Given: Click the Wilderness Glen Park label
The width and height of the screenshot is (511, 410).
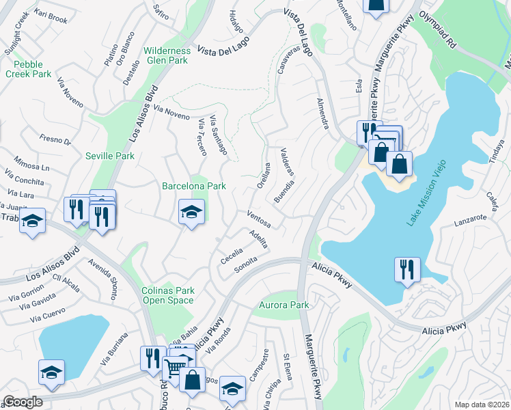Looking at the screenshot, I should click(167, 55).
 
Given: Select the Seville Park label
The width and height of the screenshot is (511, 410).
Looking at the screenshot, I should click(109, 156).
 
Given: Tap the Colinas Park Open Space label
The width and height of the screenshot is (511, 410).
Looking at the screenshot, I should click(167, 295).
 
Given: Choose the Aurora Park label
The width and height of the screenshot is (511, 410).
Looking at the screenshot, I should click(284, 305).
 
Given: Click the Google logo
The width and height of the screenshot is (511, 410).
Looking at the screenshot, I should click(23, 402).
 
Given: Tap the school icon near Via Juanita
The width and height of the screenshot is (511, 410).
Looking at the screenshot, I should click(32, 221).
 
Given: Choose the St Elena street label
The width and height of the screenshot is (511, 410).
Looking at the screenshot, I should click(288, 366).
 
